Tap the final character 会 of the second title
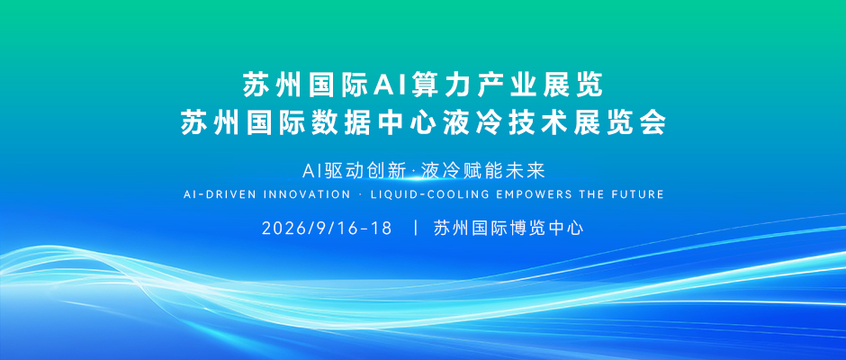pos(652,123)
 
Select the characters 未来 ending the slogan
pos(527,171)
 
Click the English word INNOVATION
pos(307,194)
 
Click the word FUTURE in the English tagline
pos(640,194)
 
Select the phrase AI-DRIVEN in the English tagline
pos(220,194)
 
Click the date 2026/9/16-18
pos(327,229)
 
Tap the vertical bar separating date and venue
pos(416,229)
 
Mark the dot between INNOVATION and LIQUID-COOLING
pos(360,194)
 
